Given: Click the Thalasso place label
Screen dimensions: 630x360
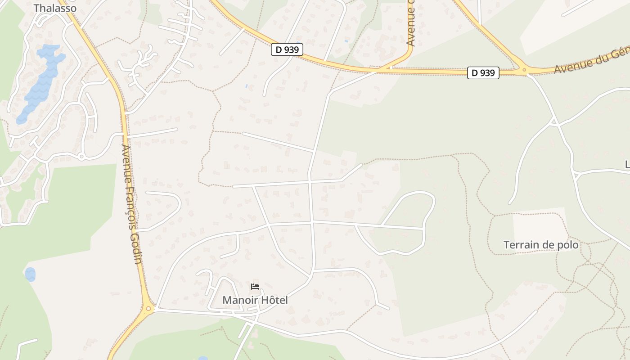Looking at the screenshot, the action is point(55,8).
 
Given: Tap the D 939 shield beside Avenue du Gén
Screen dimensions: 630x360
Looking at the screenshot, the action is point(483,72).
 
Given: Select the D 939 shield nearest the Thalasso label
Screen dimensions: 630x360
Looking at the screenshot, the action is point(287,49).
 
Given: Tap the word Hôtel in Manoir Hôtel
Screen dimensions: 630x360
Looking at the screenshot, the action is point(273,300).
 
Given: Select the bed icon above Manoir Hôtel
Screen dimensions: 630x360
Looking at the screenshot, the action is point(255,286).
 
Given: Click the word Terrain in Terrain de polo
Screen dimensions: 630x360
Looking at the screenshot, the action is point(521,245).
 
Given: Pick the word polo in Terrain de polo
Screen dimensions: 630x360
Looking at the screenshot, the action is point(568,245).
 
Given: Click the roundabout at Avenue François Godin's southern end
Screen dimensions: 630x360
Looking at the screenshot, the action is point(148,309).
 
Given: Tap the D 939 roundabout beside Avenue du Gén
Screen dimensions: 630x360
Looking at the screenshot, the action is point(523,70).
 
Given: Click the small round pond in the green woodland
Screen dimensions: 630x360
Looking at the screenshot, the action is point(30,274).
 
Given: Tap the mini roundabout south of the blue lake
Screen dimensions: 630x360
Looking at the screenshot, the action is point(81,157).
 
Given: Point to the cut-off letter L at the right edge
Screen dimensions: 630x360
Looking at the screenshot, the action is point(627,165).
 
